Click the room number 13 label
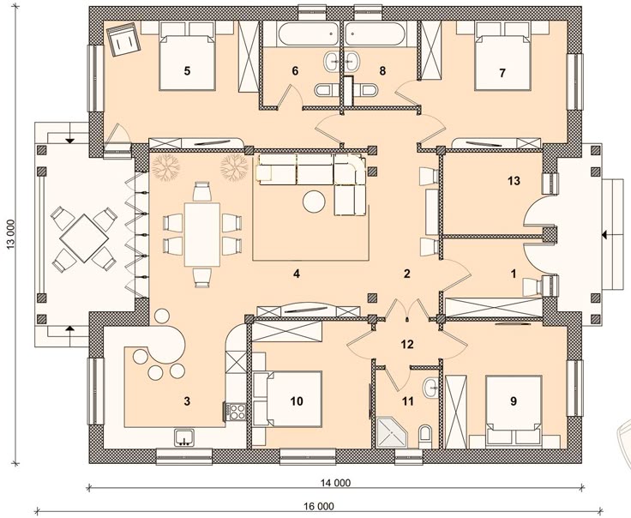(514, 181)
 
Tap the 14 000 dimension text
(335, 482)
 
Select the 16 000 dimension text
(319, 506)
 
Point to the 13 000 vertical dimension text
(11, 234)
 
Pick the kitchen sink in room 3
(184, 437)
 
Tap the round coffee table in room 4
(314, 202)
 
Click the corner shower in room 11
(392, 432)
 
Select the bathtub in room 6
(309, 33)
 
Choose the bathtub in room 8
(375, 33)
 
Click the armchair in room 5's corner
(124, 39)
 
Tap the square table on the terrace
(84, 238)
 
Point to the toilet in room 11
(425, 437)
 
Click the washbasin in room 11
(431, 387)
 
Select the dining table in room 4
(202, 235)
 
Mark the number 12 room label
(407, 345)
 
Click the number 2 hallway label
(407, 274)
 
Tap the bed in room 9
(513, 412)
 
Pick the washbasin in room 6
(332, 62)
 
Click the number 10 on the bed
(297, 401)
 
